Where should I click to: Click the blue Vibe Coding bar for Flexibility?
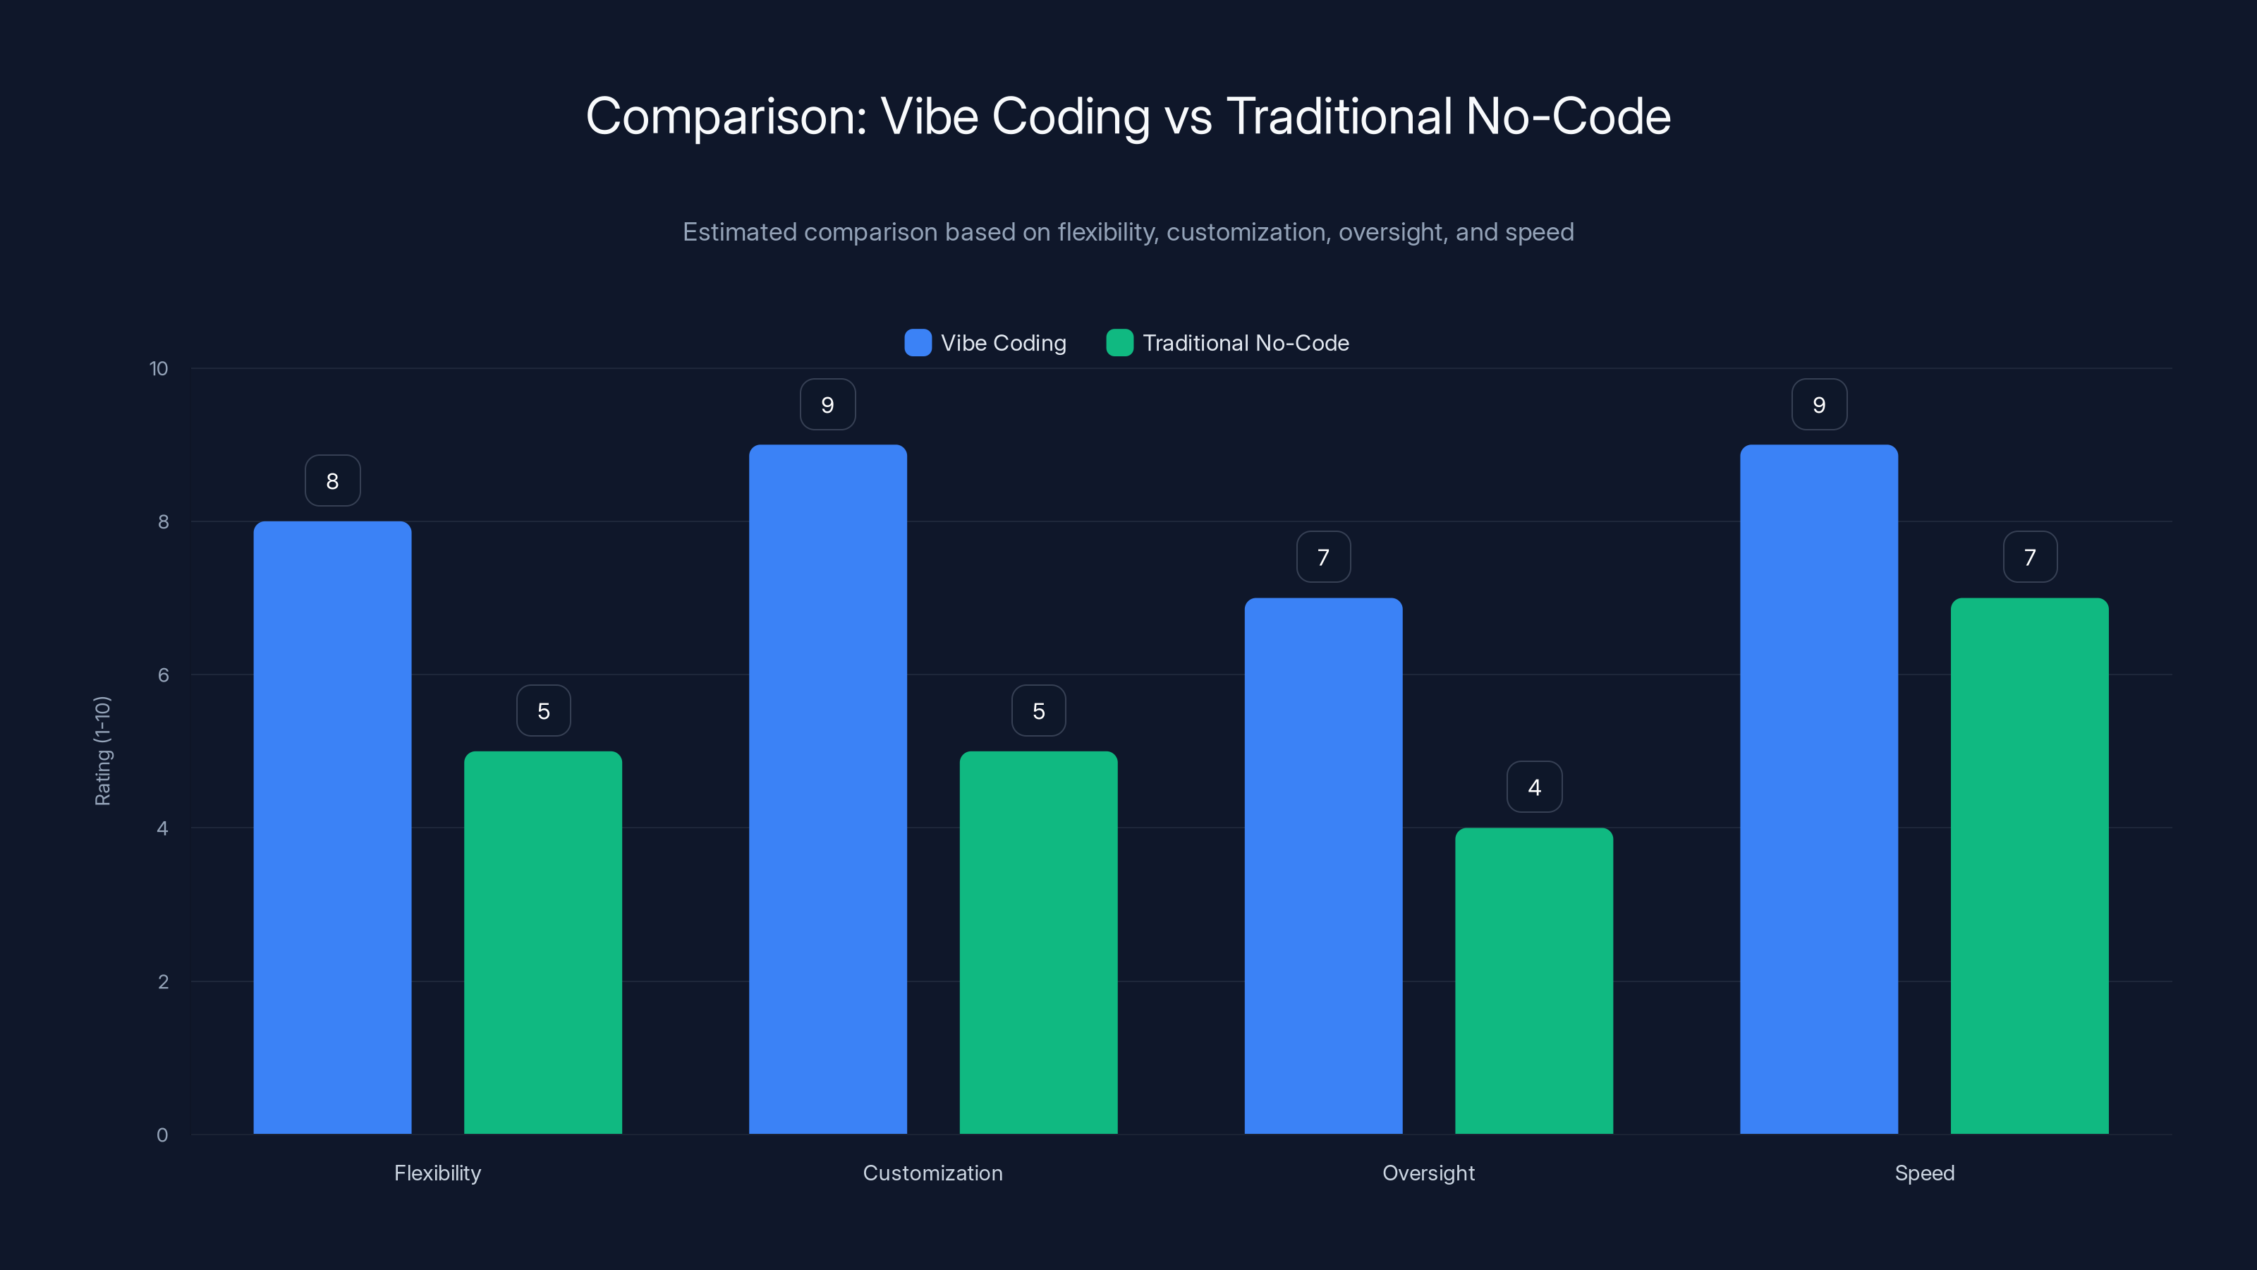coord(332,828)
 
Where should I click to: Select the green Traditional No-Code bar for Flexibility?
coord(543,942)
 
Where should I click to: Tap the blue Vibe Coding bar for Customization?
coord(828,789)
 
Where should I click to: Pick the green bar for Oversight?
coord(1534,981)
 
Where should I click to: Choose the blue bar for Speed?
coord(1819,789)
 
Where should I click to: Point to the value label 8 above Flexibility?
coord(333,481)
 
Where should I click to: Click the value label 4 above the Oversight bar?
coord(1534,787)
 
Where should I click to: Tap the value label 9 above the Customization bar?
coord(828,405)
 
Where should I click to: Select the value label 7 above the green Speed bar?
coord(2030,557)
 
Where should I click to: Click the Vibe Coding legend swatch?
coord(918,343)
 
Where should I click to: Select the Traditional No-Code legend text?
coord(1245,343)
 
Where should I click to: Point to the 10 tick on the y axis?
coord(159,369)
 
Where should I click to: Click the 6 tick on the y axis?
coord(163,675)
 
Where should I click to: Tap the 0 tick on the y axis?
coord(162,1135)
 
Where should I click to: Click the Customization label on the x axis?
coord(932,1173)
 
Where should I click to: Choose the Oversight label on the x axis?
coord(1428,1173)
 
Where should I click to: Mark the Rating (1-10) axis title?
coord(102,751)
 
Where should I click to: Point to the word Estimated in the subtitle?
coord(739,232)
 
